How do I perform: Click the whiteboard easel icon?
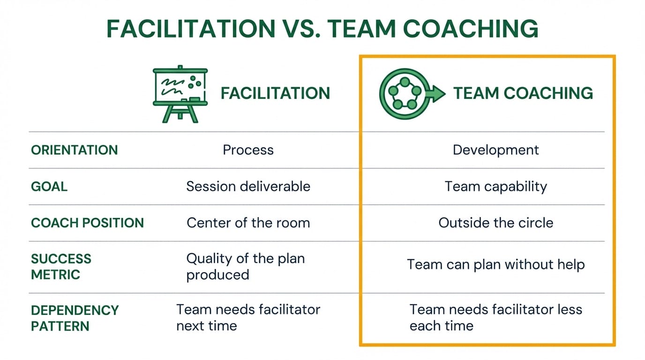(180, 93)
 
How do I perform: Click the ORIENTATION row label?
(74, 150)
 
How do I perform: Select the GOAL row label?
(49, 187)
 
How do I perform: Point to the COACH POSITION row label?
(87, 223)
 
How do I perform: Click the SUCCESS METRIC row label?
(61, 267)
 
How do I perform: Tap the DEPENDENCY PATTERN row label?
(75, 318)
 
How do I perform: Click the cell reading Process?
(248, 150)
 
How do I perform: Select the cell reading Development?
(495, 150)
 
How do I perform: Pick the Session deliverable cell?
(248, 187)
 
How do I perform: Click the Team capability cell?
(495, 187)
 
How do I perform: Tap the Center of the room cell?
(248, 223)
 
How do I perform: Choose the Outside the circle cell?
(495, 223)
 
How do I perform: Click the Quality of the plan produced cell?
(245, 267)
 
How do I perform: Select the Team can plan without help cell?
(495, 264)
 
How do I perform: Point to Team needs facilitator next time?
(248, 318)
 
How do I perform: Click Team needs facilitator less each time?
(495, 318)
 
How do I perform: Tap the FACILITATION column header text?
(275, 93)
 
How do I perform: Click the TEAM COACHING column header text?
(523, 93)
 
